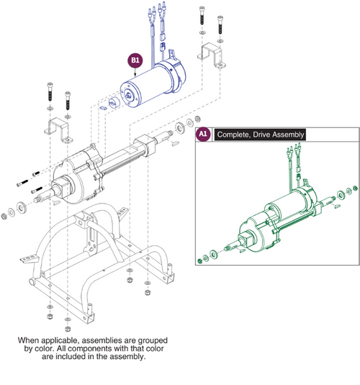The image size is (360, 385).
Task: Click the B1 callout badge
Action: (135, 60)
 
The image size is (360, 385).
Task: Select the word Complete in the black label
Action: (233, 135)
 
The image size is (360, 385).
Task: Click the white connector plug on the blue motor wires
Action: (163, 48)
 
